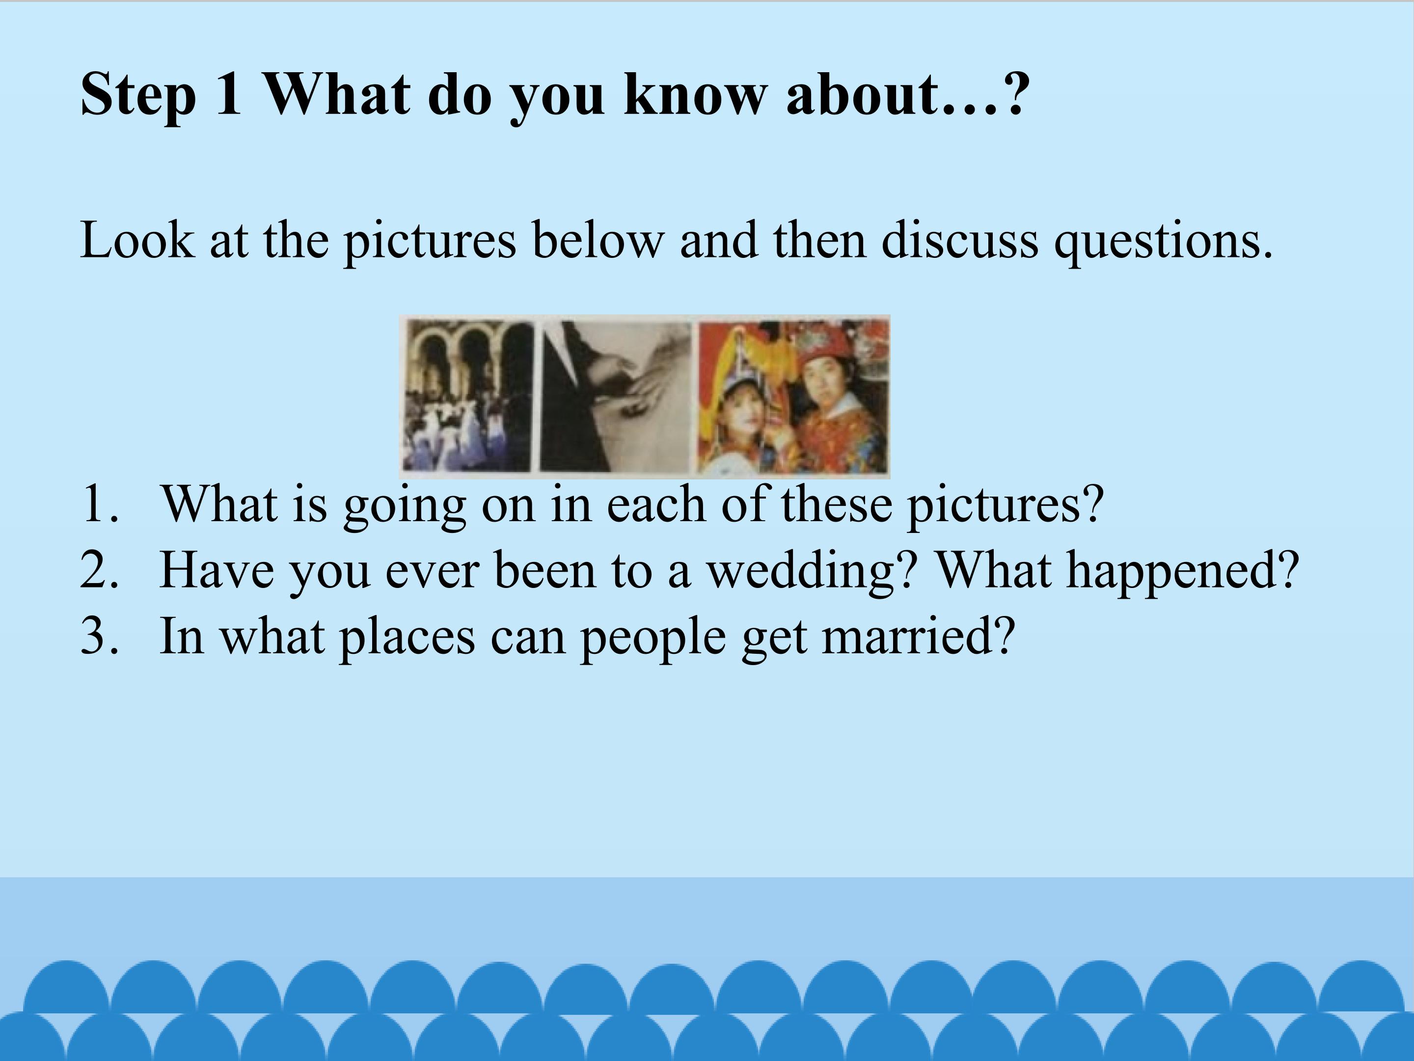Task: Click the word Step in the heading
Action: (x=138, y=95)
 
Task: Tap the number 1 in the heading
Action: (x=228, y=93)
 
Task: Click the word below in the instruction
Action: (x=598, y=239)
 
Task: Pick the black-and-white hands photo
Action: (x=616, y=396)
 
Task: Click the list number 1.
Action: (x=100, y=504)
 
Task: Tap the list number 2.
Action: (x=100, y=570)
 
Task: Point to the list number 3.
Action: (x=100, y=636)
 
